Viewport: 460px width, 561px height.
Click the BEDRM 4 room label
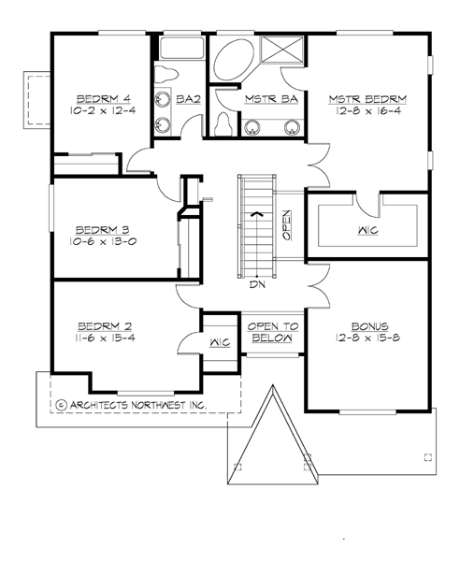96,97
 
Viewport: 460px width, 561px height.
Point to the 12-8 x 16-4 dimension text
367,110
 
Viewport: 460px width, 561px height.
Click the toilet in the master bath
223,122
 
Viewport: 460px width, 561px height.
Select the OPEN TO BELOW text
272,332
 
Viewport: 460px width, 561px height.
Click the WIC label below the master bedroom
367,229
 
